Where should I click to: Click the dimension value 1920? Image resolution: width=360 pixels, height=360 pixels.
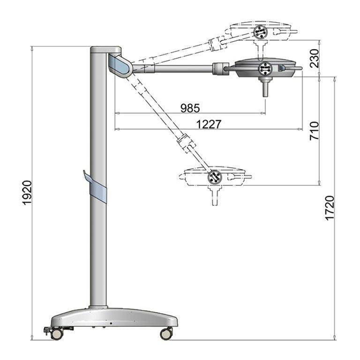pyautogui.click(x=27, y=192)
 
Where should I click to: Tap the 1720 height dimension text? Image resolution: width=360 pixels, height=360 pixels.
pyautogui.click(x=330, y=208)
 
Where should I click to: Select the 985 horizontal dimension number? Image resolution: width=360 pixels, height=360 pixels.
pyautogui.click(x=190, y=108)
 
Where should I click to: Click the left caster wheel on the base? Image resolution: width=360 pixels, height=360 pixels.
pyautogui.click(x=57, y=334)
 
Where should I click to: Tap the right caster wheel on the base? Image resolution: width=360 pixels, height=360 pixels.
pyautogui.click(x=166, y=334)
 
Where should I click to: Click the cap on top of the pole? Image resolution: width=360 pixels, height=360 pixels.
pyautogui.click(x=105, y=49)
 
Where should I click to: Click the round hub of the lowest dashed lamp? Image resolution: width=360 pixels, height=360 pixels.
pyautogui.click(x=215, y=177)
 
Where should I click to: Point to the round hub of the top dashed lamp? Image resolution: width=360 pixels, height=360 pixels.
pyautogui.click(x=260, y=32)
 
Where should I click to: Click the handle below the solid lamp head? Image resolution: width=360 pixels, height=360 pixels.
pyautogui.click(x=265, y=88)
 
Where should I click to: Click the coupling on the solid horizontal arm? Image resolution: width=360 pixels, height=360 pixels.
pyautogui.click(x=219, y=69)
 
